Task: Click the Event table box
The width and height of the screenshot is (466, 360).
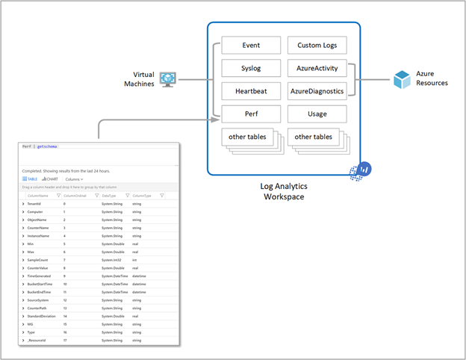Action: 251,46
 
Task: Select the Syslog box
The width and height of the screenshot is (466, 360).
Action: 251,69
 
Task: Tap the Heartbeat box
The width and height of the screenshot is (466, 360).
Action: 251,92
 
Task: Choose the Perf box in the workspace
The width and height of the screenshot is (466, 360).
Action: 251,114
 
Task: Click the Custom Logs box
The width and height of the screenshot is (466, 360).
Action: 317,46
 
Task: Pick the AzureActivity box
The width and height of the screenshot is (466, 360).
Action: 317,69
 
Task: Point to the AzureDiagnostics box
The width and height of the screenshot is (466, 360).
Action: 317,92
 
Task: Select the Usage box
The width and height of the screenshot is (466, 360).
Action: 317,114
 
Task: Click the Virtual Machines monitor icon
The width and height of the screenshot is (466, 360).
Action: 168,79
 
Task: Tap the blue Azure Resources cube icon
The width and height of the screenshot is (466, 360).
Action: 403,78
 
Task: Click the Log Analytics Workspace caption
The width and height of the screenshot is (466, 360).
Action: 283,190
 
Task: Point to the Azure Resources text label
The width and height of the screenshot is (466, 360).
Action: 432,78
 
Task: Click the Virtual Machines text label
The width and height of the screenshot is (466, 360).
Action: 138,79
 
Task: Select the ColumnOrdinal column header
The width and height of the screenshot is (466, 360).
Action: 75,196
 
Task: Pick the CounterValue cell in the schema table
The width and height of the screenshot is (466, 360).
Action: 39,267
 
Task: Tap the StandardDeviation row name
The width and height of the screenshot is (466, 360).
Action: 43,316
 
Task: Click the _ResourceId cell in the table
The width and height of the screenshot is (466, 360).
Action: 37,341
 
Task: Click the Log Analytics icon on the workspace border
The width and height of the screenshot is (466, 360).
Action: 365,170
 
